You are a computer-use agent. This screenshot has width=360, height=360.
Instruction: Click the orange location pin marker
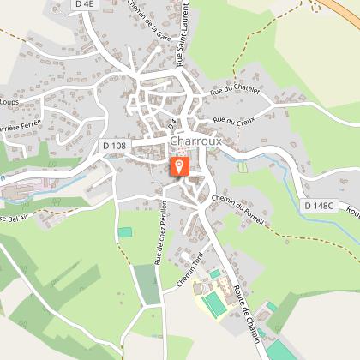coord(180,165)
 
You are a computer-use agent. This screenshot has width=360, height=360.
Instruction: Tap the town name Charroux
coord(198,141)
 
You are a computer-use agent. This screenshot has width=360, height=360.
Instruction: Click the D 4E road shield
coord(83,4)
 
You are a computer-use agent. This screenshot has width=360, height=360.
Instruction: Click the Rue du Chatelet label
coord(232,89)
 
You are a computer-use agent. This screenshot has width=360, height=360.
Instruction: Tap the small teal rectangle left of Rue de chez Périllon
coord(126,232)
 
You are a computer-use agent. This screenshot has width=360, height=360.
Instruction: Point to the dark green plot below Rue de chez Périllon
coord(147,285)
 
